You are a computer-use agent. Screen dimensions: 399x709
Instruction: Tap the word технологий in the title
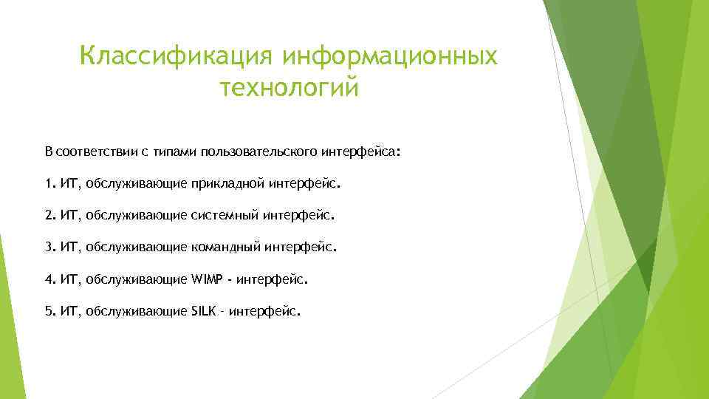pyautogui.click(x=289, y=88)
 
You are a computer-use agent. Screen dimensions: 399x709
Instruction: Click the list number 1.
pyautogui.click(x=49, y=183)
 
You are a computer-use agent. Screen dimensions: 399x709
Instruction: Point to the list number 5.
pyautogui.click(x=49, y=312)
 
